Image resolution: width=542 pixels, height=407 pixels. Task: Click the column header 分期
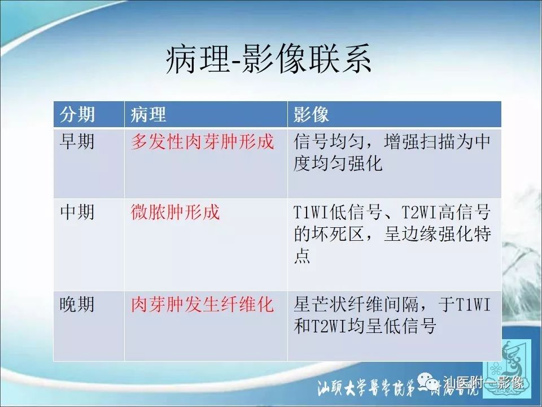click(x=77, y=115)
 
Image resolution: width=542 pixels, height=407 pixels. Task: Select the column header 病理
click(x=148, y=115)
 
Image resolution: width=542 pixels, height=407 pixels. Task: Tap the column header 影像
click(x=311, y=115)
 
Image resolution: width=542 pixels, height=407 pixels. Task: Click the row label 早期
click(x=77, y=141)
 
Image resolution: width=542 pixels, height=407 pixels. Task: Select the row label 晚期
click(x=77, y=305)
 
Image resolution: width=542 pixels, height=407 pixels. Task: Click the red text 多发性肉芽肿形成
click(x=202, y=141)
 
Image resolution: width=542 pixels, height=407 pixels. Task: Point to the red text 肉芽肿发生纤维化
click(x=202, y=305)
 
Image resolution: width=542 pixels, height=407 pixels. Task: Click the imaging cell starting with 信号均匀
click(x=392, y=152)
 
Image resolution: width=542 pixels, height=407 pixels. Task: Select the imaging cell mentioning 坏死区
click(x=392, y=235)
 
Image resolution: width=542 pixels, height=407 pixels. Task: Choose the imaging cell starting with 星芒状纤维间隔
click(x=392, y=316)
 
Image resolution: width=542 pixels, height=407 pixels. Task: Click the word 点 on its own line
click(x=302, y=257)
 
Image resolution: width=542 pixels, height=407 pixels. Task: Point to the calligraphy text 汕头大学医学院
click(x=361, y=389)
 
